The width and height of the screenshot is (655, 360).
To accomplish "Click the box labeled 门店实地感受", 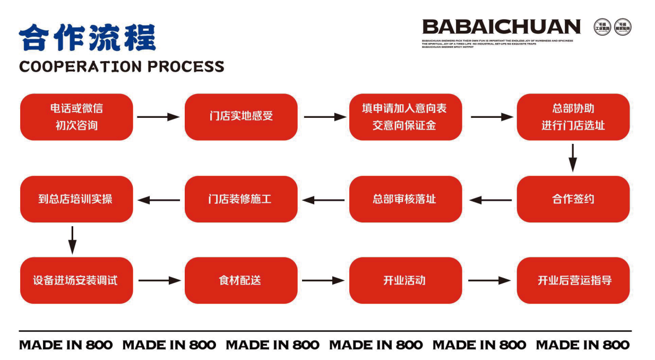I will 241,117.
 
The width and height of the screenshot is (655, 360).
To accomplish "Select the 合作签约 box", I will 573,199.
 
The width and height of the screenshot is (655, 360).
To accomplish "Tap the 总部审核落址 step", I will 406,199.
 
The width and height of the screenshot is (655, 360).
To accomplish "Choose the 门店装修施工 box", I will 241,199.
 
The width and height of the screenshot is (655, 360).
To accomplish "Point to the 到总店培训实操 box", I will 76,199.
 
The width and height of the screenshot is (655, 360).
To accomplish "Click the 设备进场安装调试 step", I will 76,280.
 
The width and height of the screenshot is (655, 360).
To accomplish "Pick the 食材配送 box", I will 241,280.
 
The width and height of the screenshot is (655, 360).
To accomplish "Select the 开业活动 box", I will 406,280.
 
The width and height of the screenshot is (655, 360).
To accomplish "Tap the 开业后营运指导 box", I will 573,280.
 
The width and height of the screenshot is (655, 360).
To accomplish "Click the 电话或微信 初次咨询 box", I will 76,117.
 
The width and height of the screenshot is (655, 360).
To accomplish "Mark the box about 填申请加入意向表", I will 406,117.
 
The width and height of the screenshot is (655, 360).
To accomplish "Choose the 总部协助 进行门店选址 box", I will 573,117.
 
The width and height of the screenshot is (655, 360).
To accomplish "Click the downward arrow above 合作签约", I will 573,158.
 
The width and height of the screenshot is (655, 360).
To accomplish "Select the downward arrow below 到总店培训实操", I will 72,239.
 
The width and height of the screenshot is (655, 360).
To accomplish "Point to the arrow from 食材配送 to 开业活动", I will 323,280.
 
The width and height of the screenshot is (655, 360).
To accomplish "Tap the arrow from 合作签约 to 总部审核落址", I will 490,200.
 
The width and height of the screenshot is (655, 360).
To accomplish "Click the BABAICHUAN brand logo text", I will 501,27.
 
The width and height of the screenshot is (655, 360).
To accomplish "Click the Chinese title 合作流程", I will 88,37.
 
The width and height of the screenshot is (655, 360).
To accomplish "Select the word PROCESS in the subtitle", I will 186,67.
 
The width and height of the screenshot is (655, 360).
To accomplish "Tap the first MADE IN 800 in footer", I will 66,345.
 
